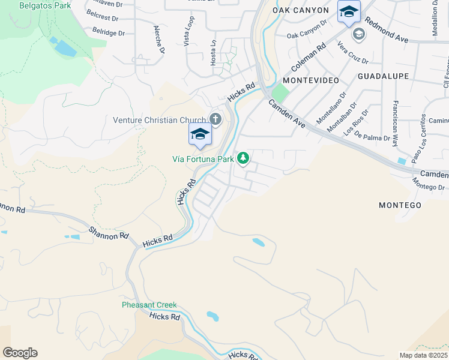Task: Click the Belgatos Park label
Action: (44, 6)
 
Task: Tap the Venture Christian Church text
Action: (160, 120)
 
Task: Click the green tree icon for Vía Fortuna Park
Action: (243, 158)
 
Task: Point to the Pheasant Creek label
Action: (149, 305)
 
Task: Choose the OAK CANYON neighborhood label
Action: (301, 10)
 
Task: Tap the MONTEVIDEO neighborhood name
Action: (310, 80)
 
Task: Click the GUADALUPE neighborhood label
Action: (383, 76)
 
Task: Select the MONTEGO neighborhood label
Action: (400, 205)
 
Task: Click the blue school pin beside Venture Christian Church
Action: (200, 134)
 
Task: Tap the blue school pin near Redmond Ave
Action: (349, 11)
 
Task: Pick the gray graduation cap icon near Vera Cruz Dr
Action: (359, 34)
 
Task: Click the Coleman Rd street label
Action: (308, 58)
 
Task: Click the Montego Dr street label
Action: (429, 187)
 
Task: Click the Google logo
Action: (20, 353)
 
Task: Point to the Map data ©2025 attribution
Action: (423, 355)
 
